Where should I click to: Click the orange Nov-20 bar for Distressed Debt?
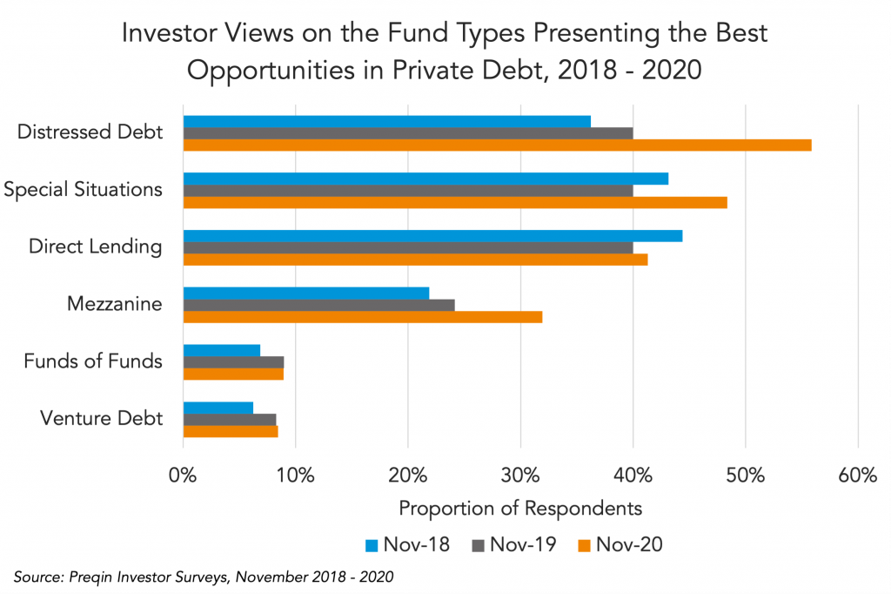[x=497, y=145]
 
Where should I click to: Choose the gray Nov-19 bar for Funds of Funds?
[x=233, y=362]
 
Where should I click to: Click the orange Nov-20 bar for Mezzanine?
[x=362, y=317]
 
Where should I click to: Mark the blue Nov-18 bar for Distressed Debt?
[x=386, y=121]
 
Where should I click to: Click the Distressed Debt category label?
[x=90, y=132]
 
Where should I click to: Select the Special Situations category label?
[x=83, y=189]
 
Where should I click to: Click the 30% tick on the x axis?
[x=520, y=476]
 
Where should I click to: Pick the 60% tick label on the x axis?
[x=858, y=476]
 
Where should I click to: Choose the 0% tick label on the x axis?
[x=183, y=476]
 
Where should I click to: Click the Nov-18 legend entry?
[x=407, y=544]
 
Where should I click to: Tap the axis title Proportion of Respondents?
[x=520, y=507]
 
